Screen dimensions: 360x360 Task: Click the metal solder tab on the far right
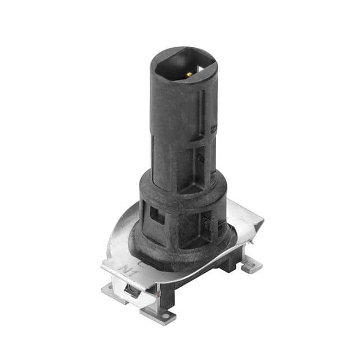[x=251, y=264]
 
